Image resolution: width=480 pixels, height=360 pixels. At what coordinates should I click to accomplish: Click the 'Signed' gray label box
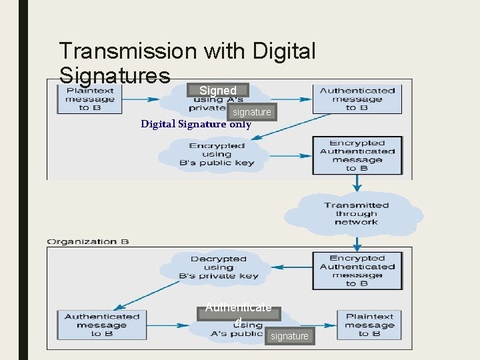[x=217, y=90]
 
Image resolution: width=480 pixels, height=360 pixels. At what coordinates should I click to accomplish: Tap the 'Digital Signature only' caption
[x=196, y=124]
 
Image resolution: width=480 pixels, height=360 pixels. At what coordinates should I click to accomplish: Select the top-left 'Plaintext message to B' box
[x=85, y=99]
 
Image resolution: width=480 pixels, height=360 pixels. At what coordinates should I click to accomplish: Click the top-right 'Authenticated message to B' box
[x=357, y=99]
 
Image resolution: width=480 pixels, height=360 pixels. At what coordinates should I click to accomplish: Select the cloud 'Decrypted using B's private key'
[x=218, y=267]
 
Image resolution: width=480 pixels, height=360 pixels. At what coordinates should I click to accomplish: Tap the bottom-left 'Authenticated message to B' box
[x=102, y=325]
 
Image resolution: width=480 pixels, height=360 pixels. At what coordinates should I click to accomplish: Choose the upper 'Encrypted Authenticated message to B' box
[x=357, y=155]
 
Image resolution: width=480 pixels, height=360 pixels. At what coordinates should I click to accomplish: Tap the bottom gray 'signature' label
[x=289, y=336]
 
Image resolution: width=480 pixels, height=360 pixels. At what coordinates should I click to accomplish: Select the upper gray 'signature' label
[x=252, y=112]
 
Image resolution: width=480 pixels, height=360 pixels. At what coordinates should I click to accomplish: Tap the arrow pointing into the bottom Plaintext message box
[x=323, y=325]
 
